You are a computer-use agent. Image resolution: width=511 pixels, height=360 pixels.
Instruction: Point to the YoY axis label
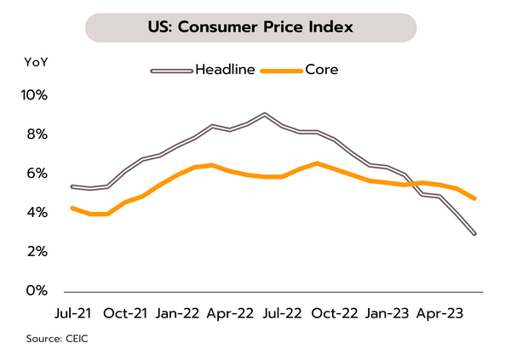pyautogui.click(x=36, y=63)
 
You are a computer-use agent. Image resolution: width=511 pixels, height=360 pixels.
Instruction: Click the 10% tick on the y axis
pyautogui.click(x=33, y=95)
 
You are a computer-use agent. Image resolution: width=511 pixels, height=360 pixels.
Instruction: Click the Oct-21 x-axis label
pyautogui.click(x=126, y=312)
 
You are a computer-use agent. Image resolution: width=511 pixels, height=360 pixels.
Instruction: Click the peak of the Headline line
pyautogui.click(x=265, y=114)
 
